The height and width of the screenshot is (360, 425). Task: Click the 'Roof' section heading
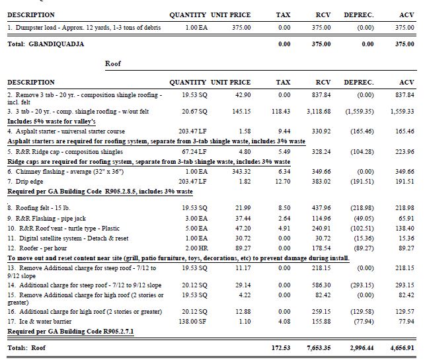pyautogui.click(x=113, y=64)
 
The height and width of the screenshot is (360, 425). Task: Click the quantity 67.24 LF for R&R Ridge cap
pyautogui.click(x=194, y=151)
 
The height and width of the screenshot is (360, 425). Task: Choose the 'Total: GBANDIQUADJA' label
pyautogui.click(x=46, y=44)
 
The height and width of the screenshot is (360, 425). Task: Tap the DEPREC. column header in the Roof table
pyautogui.click(x=358, y=83)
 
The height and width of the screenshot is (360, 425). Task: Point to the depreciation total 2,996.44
pyautogui.click(x=359, y=347)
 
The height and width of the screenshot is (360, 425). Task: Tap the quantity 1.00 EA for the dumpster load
pyautogui.click(x=196, y=28)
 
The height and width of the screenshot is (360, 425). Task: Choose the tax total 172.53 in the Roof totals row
pyautogui.click(x=280, y=347)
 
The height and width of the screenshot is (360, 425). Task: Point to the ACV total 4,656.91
pyautogui.click(x=401, y=347)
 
